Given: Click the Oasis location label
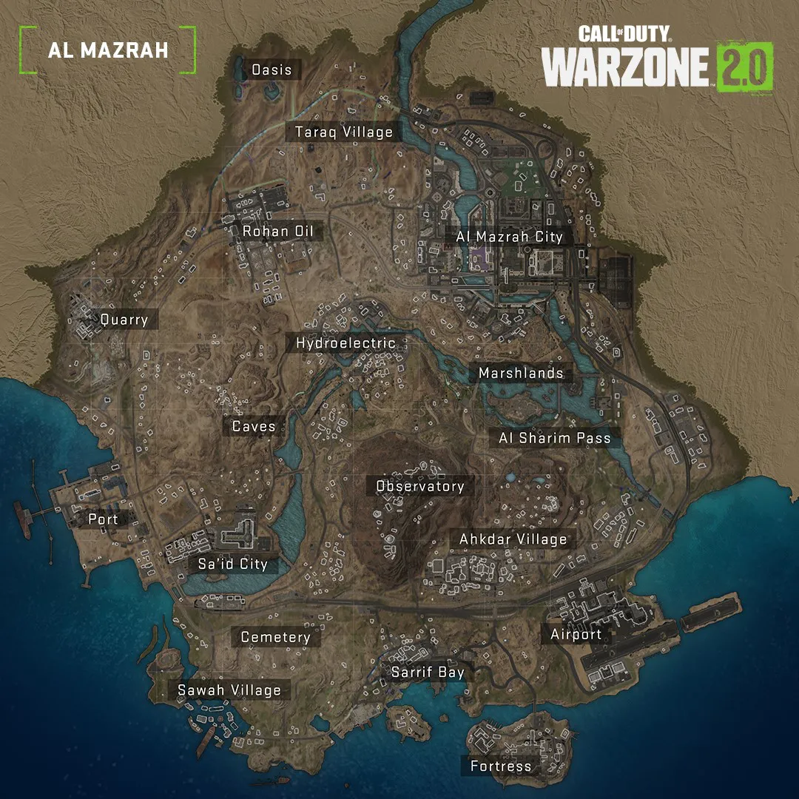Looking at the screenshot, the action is pos(272,70).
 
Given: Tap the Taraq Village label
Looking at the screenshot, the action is pos(344,132).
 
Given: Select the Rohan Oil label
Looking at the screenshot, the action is pos(278,232).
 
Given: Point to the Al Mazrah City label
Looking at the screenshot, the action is pos(509,237).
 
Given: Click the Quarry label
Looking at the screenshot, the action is pos(124,320).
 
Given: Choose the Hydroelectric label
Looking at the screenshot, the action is pos(345,343).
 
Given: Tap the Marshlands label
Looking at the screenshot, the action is pos(521,374).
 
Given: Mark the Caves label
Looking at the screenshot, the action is pos(254,427).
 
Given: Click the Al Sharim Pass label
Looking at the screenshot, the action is pos(555,438).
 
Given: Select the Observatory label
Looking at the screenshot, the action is pos(420,486).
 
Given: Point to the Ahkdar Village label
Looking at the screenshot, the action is pos(513,539).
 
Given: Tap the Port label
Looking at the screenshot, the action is pos(103,519).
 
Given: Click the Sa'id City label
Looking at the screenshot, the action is pos(232,564).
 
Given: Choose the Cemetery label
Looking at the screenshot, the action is pos(275,637).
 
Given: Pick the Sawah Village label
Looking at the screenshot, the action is pos(229,690).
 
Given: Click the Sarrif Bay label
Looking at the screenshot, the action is pos(428,672).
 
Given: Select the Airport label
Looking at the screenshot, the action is pos(576,634).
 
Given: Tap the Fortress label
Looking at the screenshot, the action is pos(501,766).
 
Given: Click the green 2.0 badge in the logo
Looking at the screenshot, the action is pos(744,67).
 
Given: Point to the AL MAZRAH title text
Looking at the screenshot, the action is pos(108,50).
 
